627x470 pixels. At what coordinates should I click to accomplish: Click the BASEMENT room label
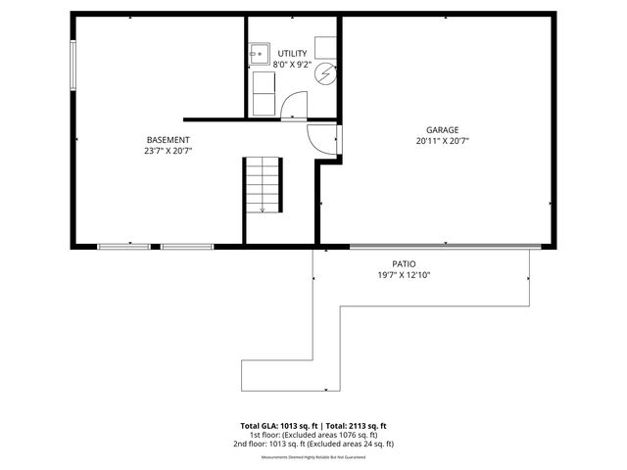[168, 139]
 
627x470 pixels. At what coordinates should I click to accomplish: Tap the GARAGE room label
[442, 129]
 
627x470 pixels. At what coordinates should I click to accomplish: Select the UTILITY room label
[292, 53]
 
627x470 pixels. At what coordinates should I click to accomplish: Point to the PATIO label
[404, 264]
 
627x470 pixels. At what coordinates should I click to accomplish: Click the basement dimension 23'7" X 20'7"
[168, 151]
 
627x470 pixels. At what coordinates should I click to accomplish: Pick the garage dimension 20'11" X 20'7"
[442, 141]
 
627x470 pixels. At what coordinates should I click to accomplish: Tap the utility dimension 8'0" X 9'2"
[292, 65]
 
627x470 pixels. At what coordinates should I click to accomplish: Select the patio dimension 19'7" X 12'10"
[404, 276]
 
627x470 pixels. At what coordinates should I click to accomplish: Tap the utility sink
[261, 53]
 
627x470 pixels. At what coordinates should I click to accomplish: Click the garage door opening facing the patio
[444, 246]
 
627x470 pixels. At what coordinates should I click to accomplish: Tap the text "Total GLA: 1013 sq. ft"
[276, 426]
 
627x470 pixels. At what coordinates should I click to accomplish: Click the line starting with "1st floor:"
[313, 435]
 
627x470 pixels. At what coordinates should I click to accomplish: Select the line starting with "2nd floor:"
[313, 444]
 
